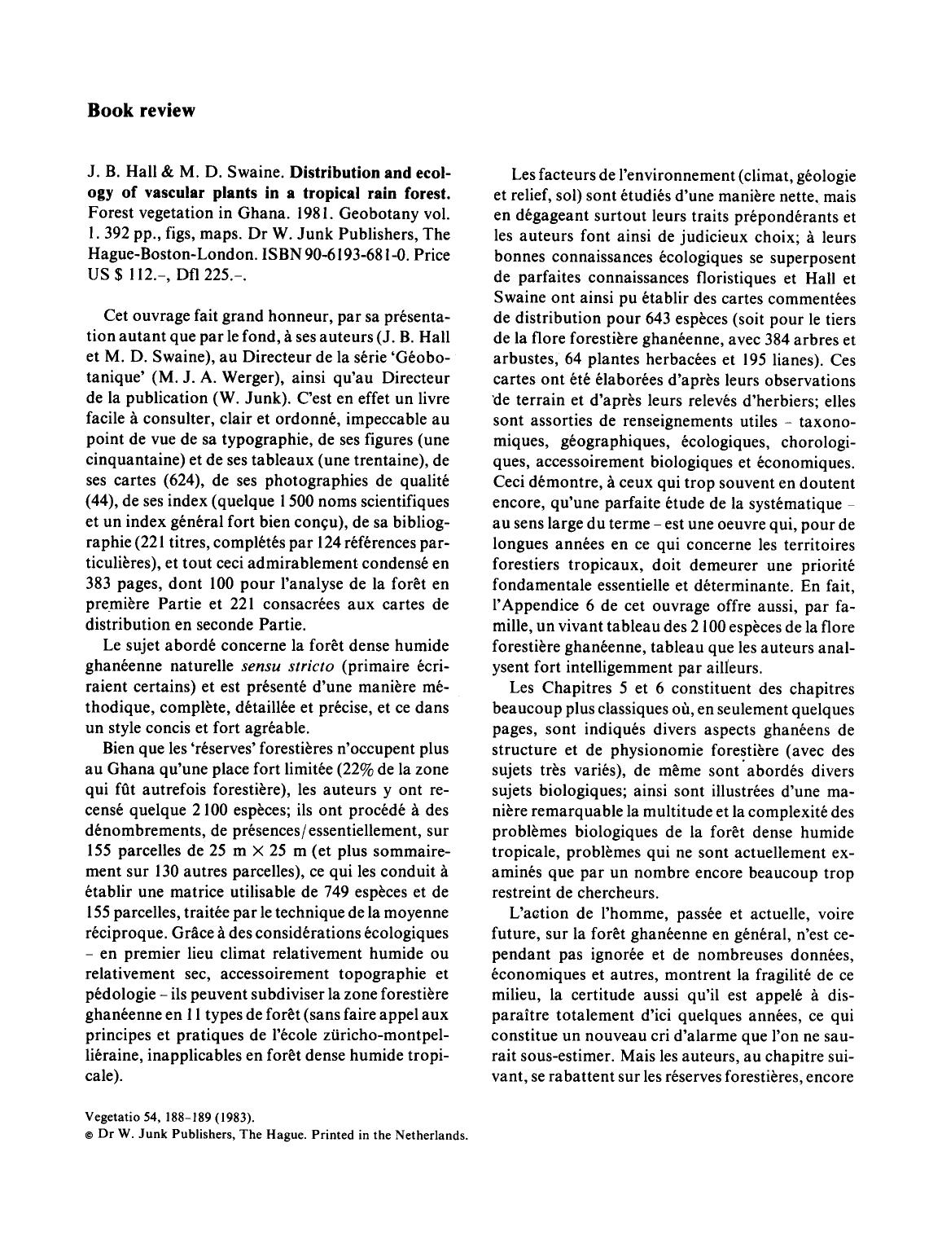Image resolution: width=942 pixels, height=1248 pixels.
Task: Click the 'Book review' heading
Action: [141, 111]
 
